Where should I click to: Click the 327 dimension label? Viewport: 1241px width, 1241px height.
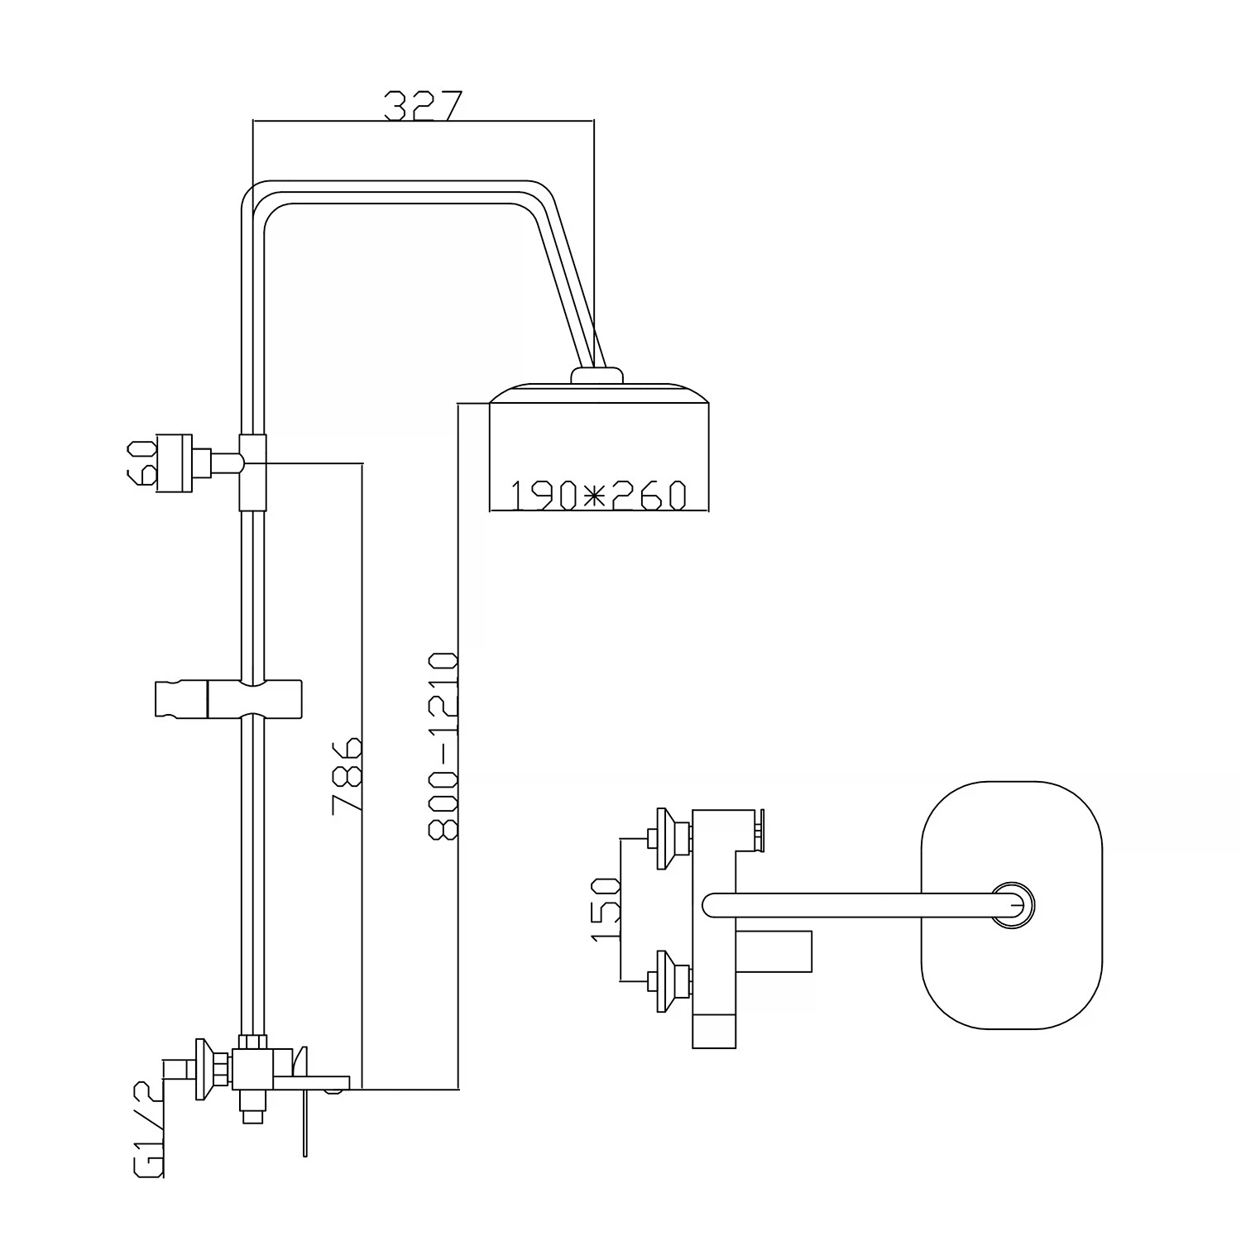click(x=423, y=107)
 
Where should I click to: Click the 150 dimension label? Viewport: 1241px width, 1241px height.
click(x=606, y=909)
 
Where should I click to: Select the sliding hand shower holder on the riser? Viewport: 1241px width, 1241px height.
click(x=228, y=698)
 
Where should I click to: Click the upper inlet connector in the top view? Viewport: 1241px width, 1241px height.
click(x=666, y=839)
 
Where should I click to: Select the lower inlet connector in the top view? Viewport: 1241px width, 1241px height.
click(x=666, y=981)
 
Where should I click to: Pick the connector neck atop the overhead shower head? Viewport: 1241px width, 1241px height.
click(x=597, y=376)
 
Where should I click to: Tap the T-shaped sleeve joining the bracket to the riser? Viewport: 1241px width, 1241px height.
click(x=253, y=472)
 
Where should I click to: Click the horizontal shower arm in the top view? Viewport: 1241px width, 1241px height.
click(x=852, y=904)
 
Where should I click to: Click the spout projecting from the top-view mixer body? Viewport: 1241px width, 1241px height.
click(x=774, y=952)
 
